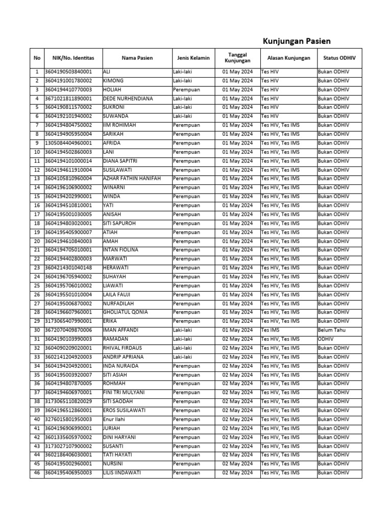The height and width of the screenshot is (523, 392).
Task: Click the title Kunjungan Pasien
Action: tap(297, 41)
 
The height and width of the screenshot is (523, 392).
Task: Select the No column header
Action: tap(37, 58)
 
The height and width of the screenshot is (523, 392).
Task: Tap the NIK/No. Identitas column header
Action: tap(73, 58)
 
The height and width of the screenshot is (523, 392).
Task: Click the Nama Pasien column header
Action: tap(137, 58)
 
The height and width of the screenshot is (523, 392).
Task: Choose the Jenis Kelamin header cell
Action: tap(193, 58)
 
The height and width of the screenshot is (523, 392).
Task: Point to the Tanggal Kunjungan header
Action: tap(237, 58)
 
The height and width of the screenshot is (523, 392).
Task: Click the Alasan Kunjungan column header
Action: tap(288, 58)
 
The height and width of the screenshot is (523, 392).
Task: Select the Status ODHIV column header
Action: tap(339, 58)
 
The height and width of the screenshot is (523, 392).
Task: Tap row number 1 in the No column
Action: tap(37, 72)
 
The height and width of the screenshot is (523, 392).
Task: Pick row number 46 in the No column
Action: tap(37, 473)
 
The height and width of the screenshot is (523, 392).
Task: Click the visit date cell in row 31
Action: tap(237, 339)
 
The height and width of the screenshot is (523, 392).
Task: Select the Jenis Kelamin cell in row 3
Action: tap(186, 90)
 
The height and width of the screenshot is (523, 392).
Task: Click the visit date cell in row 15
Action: tap(237, 197)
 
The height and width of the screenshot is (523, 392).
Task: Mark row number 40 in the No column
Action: tap(37, 419)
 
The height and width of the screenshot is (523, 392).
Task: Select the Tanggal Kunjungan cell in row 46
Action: tap(237, 473)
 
